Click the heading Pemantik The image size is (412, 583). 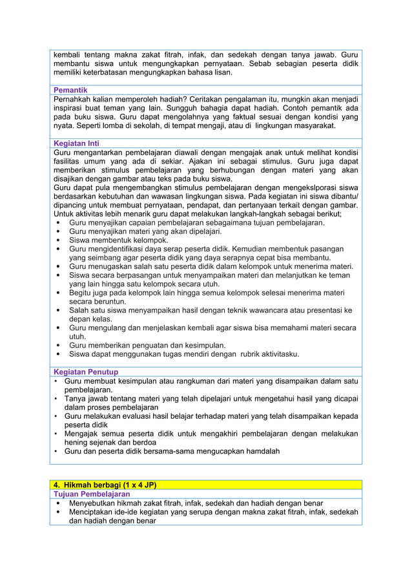70,90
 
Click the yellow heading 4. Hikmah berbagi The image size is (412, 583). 105,485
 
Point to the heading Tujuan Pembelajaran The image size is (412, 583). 92,494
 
